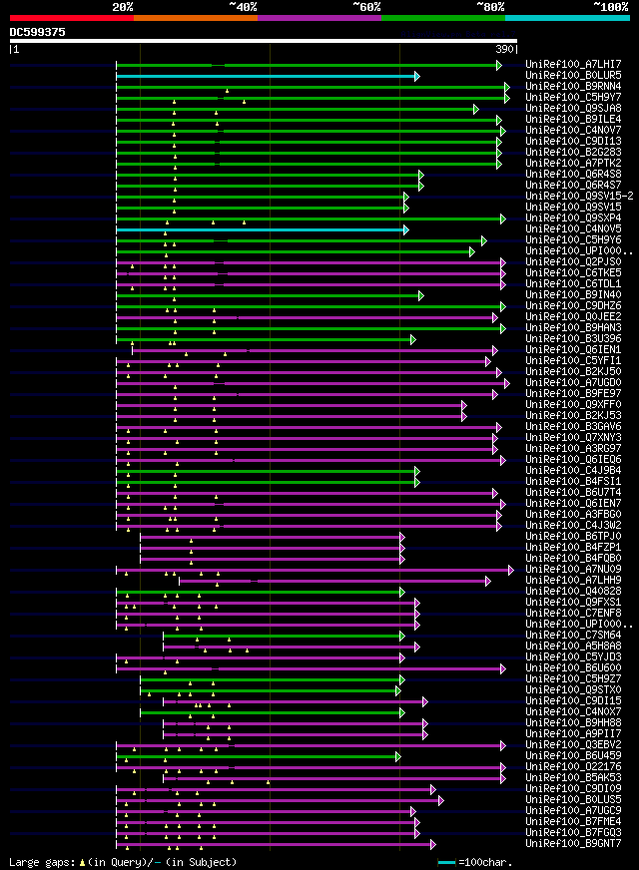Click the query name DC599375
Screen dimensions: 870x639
point(38,32)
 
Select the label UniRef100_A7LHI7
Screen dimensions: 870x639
point(572,65)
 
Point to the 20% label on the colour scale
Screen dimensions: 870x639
point(123,7)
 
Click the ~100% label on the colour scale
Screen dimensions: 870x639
point(610,7)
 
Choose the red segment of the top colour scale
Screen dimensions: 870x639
point(71,18)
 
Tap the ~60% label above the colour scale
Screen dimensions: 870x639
point(366,7)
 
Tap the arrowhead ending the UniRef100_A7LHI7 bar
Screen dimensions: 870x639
point(499,65)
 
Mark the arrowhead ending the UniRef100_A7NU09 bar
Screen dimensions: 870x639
point(510,570)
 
